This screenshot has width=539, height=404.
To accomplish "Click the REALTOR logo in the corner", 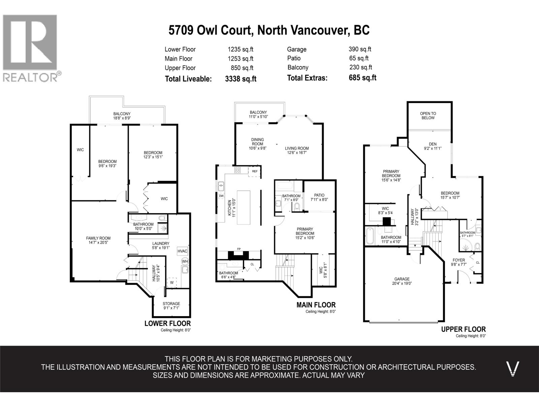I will pyautogui.click(x=30, y=47).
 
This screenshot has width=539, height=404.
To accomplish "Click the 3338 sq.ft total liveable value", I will pyautogui.click(x=241, y=79).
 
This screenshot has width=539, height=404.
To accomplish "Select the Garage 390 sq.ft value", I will pyautogui.click(x=360, y=49).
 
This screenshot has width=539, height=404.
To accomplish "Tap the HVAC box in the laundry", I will pyautogui.click(x=182, y=251).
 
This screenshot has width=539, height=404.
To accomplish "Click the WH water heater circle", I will pyautogui.click(x=185, y=261).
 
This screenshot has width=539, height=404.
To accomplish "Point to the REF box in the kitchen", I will pyautogui.click(x=255, y=171).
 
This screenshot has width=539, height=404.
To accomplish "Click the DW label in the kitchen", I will pyautogui.click(x=221, y=196).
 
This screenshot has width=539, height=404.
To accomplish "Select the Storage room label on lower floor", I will pyautogui.click(x=171, y=304).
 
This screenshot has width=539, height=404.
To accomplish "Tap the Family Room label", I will pyautogui.click(x=98, y=238).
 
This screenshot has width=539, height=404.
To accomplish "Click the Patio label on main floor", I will pyautogui.click(x=319, y=195).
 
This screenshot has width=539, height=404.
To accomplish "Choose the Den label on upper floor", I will pyautogui.click(x=433, y=144).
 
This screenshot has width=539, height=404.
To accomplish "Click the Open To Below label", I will pyautogui.click(x=428, y=115).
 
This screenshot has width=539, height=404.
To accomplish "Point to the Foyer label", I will pyautogui.click(x=458, y=260).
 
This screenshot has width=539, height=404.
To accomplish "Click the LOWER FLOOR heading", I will pyautogui.click(x=167, y=323).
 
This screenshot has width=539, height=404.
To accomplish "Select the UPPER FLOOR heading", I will pyautogui.click(x=463, y=329).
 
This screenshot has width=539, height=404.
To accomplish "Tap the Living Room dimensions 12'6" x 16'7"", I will pyautogui.click(x=296, y=153).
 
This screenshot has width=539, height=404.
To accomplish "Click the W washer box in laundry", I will pyautogui.click(x=172, y=282).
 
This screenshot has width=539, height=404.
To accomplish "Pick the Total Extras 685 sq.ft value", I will pyautogui.click(x=362, y=78).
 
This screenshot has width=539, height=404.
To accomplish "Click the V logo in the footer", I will pyautogui.click(x=513, y=368).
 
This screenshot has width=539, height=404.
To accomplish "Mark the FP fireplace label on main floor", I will pyautogui.click(x=239, y=249).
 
